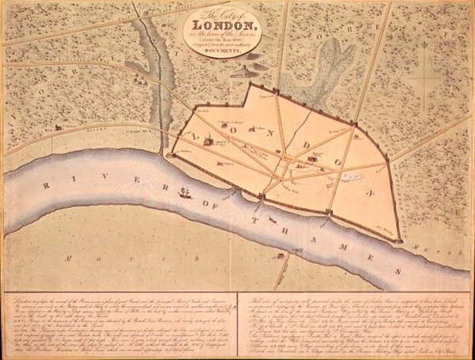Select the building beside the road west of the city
tap(58, 127)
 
